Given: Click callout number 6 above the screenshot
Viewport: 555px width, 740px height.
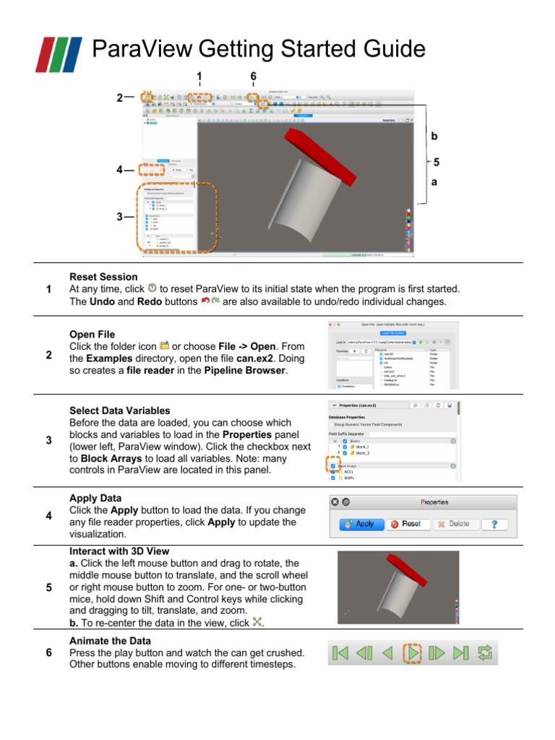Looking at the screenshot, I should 253,77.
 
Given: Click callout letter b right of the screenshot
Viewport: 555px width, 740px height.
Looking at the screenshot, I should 434,136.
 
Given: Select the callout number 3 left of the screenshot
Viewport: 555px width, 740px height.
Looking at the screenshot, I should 119,215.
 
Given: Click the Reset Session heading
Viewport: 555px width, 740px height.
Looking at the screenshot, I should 103,277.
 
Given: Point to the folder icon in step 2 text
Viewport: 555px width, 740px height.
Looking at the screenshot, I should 164,345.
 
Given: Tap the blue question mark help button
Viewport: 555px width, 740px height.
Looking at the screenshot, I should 494,523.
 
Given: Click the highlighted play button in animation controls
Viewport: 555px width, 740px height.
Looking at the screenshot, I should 412,653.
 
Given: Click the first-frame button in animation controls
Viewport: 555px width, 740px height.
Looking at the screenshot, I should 340,653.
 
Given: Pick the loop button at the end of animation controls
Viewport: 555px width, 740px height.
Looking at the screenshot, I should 486,653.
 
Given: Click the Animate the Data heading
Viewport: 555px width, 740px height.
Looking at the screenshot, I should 110,641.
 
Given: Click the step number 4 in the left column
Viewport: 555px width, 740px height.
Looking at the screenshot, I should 48,516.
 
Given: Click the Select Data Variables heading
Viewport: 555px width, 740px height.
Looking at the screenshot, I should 119,410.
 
